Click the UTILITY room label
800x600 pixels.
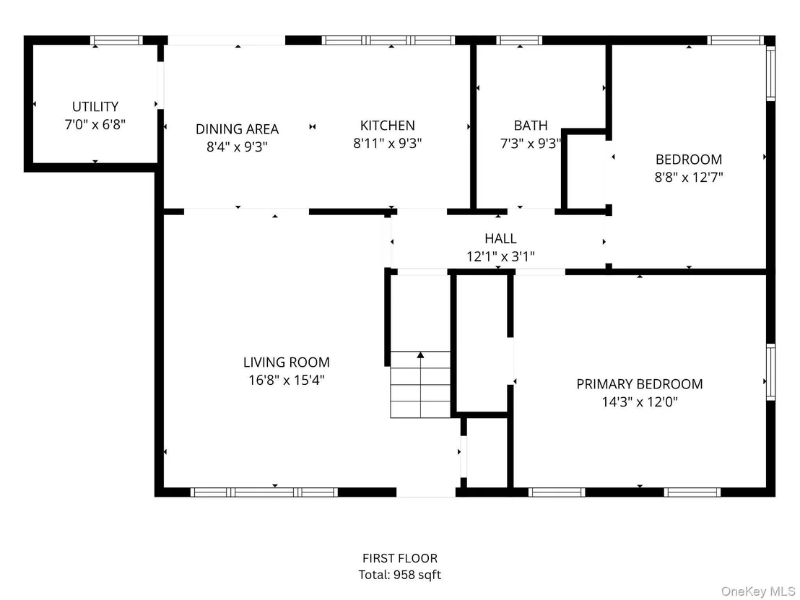95,107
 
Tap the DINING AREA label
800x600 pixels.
238,129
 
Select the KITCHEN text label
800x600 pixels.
387,126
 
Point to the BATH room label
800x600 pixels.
531,126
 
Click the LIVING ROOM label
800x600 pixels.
286,362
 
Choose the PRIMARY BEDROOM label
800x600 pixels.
639,383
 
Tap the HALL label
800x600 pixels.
500,238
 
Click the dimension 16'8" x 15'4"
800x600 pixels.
286,380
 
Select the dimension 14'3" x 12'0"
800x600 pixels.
639,401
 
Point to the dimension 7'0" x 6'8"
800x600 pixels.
95,124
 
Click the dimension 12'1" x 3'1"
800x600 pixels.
500,256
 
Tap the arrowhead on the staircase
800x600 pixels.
420,355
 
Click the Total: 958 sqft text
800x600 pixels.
400,575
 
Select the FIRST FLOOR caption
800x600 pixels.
400,558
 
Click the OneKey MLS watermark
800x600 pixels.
758,591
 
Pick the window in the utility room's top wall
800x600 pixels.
116,40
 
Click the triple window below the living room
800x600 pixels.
264,492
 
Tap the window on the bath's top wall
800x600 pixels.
519,40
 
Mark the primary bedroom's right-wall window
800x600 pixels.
771,372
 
